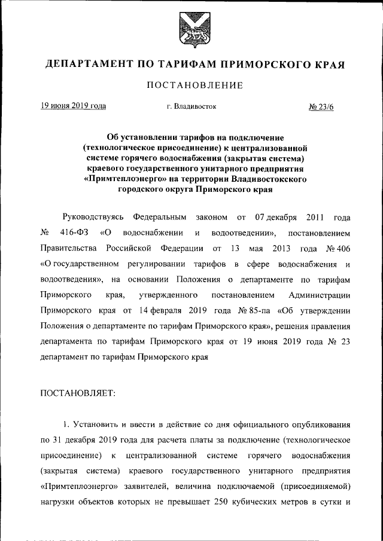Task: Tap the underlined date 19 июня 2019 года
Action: pyautogui.click(x=74, y=106)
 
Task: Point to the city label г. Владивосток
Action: pyautogui.click(x=192, y=106)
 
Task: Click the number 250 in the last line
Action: pyautogui.click(x=229, y=502)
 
